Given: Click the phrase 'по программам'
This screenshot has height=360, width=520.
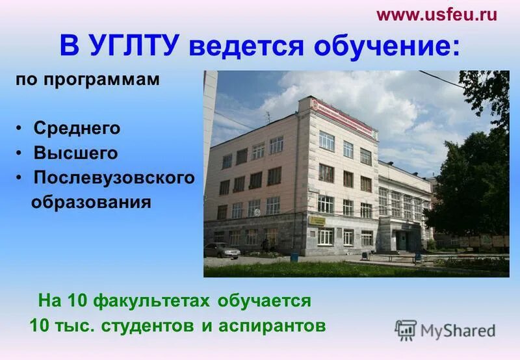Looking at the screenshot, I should point(88,79).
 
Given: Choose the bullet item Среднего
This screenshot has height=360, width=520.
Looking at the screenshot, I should point(77,129).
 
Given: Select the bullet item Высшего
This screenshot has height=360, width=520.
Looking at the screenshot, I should point(76,153).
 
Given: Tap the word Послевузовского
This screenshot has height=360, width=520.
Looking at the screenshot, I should point(114,178).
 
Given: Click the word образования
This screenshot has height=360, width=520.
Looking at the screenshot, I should point(91,202).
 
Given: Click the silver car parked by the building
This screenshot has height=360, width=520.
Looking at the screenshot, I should point(221,250).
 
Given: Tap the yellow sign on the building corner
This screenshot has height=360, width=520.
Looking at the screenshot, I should point(317,220).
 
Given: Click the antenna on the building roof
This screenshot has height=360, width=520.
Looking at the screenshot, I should point(268,117).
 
